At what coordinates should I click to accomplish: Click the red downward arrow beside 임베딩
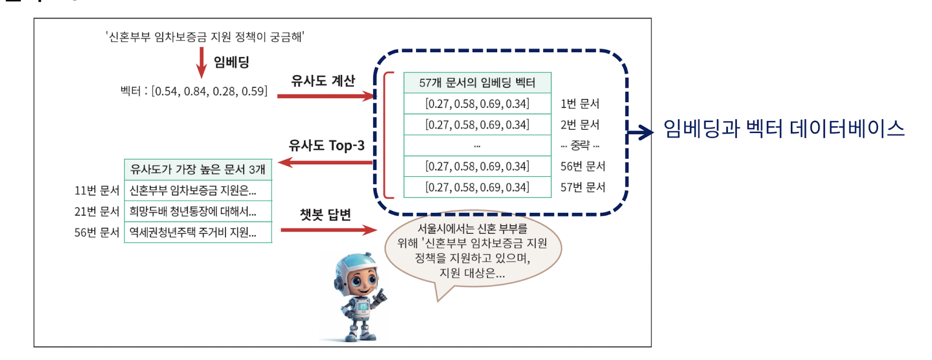[201, 63]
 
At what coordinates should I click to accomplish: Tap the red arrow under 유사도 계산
[326, 96]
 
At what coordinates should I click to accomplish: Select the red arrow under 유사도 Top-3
[326, 162]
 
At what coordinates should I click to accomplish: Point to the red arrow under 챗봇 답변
[328, 230]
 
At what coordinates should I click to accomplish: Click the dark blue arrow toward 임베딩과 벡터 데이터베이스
[640, 131]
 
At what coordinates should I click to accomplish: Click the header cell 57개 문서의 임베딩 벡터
[477, 83]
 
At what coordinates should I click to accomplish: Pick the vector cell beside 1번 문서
[477, 104]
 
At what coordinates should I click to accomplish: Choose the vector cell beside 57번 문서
[477, 187]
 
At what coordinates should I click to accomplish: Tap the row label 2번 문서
[580, 125]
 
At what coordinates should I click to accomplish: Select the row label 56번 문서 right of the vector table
[582, 166]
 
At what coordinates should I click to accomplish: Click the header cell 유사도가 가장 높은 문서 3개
[198, 169]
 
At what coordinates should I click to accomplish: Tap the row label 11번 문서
[97, 190]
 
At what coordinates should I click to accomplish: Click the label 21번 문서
[97, 211]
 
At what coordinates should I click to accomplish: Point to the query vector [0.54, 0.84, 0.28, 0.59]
[209, 91]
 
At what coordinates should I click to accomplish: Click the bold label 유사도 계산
[323, 80]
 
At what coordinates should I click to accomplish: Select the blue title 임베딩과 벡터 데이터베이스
[784, 129]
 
